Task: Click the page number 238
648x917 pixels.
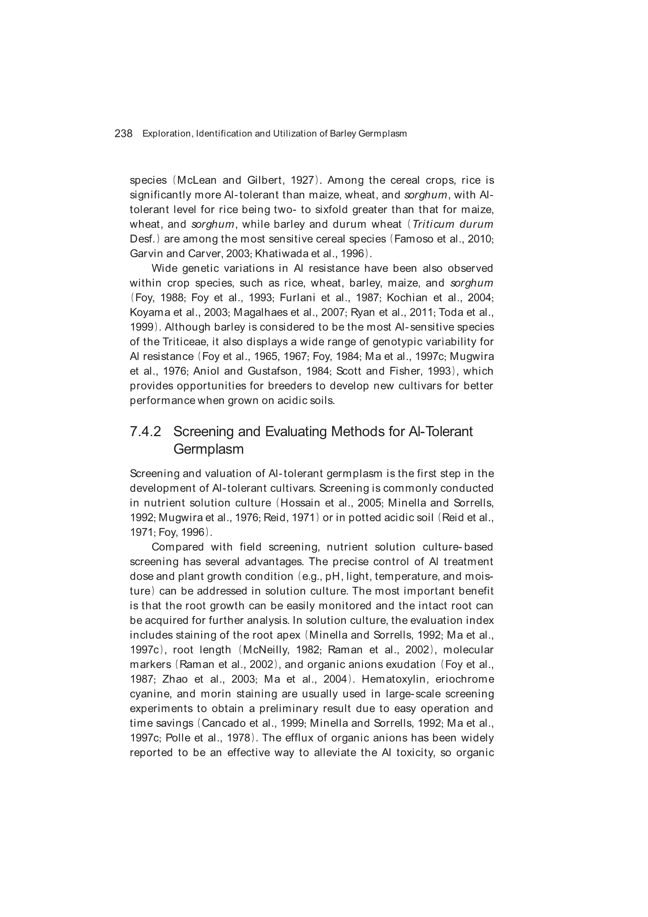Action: [123, 133]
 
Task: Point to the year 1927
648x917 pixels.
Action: [302, 180]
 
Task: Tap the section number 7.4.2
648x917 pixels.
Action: [145, 432]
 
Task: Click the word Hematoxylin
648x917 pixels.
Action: [395, 679]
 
